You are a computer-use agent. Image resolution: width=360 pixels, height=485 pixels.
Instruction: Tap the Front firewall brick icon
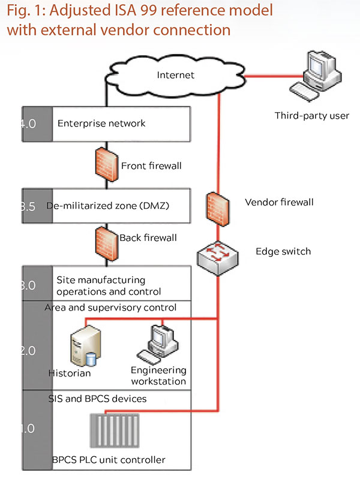coord(106,165)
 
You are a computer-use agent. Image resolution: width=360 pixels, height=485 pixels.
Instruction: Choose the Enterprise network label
coord(101,124)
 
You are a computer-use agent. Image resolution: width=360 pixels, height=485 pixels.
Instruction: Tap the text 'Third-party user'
coord(311,115)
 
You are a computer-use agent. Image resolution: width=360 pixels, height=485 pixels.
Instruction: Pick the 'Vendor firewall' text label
coord(279,203)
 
